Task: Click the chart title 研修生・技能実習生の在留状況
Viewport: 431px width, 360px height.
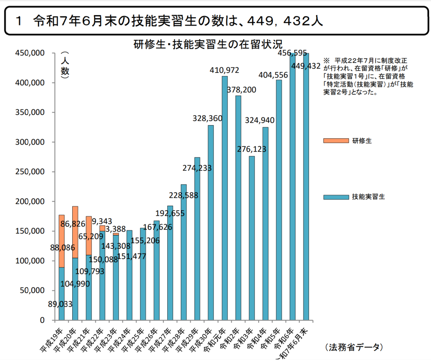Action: [x=210, y=45]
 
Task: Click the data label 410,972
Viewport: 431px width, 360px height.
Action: [x=224, y=71]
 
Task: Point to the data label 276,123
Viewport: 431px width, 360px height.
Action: [x=251, y=150]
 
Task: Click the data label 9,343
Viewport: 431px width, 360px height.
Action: [x=102, y=221]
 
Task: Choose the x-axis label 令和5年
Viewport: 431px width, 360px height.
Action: [x=271, y=337]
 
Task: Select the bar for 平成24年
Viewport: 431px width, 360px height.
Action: [x=129, y=275]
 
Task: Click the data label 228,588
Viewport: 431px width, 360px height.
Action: [x=183, y=196]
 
